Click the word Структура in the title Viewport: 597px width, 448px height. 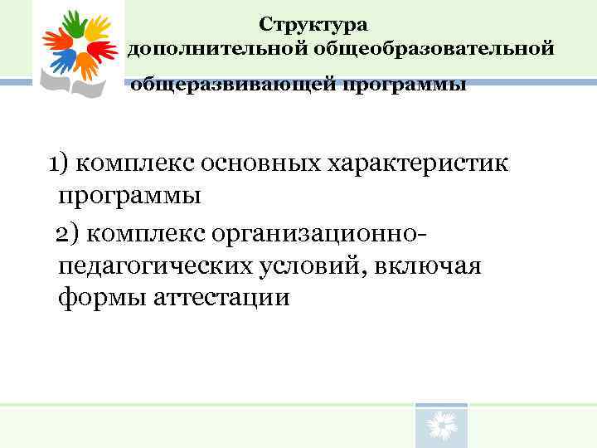[x=313, y=26]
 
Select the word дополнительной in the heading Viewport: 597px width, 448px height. [x=217, y=51]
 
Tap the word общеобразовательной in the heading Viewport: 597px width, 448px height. [x=433, y=51]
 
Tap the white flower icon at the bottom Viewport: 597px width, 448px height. [x=441, y=427]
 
